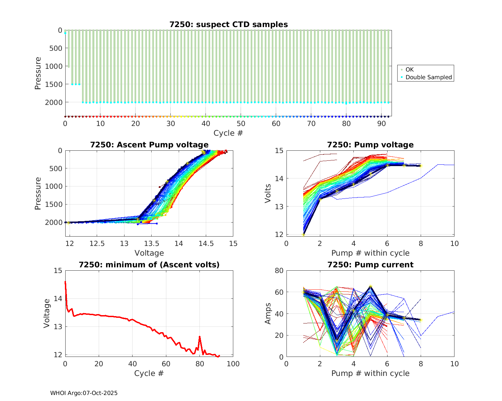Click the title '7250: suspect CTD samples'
click(x=228, y=24)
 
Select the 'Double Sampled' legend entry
click(x=428, y=77)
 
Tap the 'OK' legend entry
click(x=409, y=70)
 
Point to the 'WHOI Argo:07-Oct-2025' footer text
click(x=84, y=393)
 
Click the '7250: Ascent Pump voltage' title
click(x=149, y=145)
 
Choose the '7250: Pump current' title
click(x=370, y=265)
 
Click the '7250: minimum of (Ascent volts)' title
click(x=149, y=265)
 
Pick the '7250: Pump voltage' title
click(x=370, y=145)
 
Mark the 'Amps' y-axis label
click(x=268, y=314)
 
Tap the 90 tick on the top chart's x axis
click(x=382, y=124)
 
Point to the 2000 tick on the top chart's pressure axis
click(x=54, y=102)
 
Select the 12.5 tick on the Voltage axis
click(x=97, y=244)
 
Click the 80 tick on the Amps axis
click(x=279, y=271)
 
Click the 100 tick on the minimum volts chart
click(x=233, y=364)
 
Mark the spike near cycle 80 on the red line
click(x=199, y=337)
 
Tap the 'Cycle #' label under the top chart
click(x=228, y=133)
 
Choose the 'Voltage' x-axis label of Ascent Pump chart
click(x=149, y=253)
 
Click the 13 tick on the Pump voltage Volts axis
click(x=279, y=207)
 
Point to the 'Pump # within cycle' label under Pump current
click(x=370, y=373)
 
